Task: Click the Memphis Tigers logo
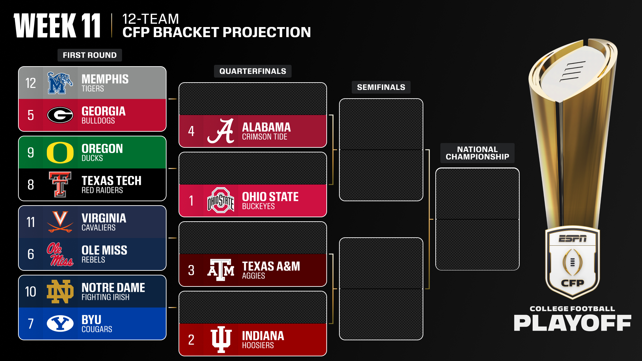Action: click(60, 83)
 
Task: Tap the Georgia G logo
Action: click(60, 115)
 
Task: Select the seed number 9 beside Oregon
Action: click(31, 153)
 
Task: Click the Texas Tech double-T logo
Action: click(60, 185)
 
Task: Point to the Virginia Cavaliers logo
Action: click(60, 222)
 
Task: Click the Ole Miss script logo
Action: click(60, 254)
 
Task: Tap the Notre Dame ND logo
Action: click(60, 291)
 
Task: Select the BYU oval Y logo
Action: click(60, 324)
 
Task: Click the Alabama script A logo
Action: click(221, 131)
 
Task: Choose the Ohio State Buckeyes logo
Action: click(221, 201)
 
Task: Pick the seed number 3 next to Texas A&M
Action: click(191, 270)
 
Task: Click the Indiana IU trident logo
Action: click(221, 339)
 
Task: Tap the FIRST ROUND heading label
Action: click(90, 55)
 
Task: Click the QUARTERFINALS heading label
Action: click(252, 71)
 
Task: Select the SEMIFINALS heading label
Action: click(381, 87)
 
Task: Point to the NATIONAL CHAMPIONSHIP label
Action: click(477, 153)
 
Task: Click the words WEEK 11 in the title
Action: click(57, 26)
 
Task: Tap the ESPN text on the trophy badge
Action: click(572, 239)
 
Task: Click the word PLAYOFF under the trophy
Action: click(572, 323)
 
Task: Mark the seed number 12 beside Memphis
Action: click(31, 83)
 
